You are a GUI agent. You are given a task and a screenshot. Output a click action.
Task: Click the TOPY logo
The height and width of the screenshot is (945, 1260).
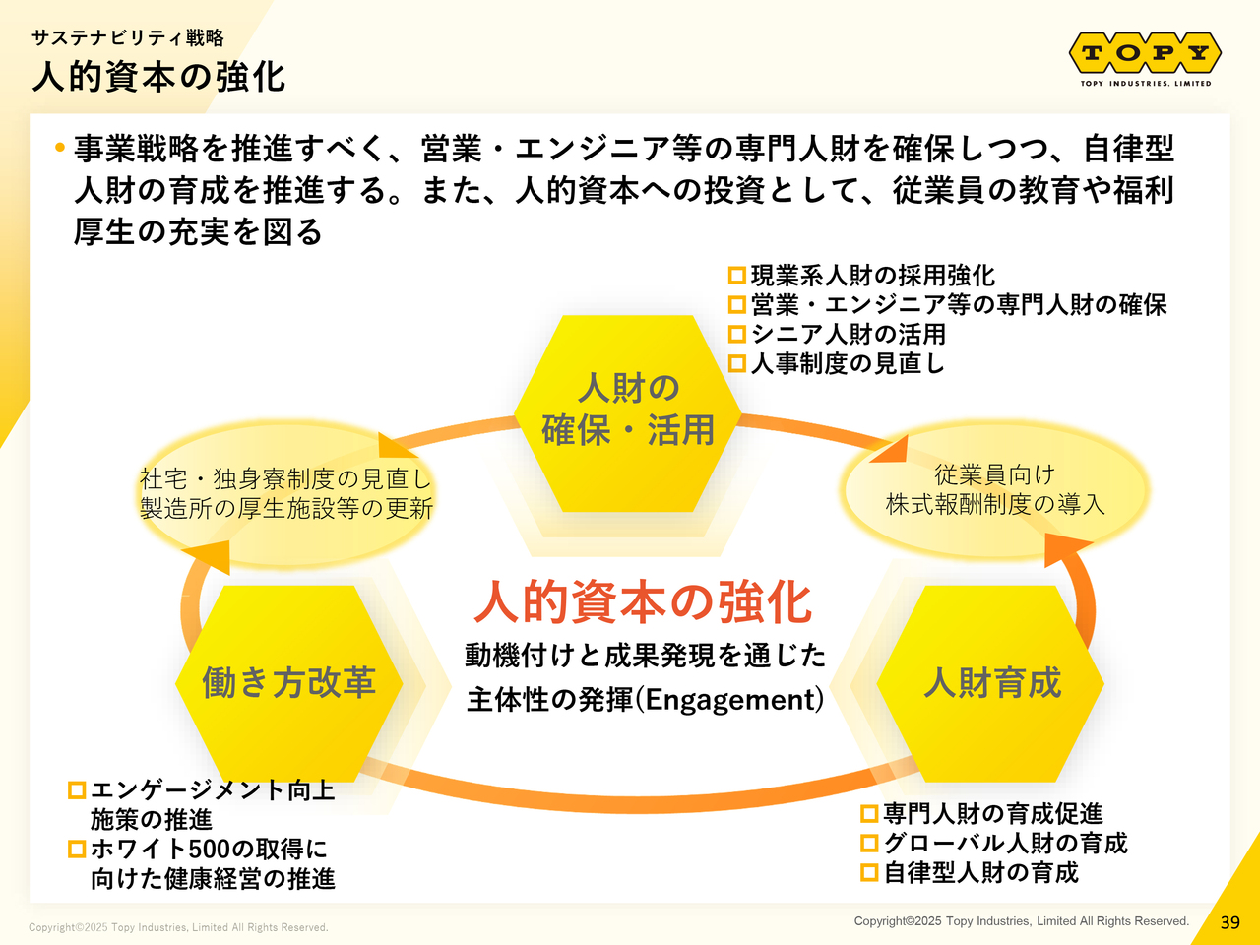point(1145,58)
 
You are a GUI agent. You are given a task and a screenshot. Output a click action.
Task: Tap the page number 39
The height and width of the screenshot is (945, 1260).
point(1229,922)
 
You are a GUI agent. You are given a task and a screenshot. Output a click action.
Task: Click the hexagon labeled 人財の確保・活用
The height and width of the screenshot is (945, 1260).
point(627,413)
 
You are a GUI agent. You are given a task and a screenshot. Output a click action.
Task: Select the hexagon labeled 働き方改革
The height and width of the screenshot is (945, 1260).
point(288,683)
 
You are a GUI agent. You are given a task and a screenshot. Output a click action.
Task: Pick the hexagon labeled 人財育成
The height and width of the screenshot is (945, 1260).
point(991,683)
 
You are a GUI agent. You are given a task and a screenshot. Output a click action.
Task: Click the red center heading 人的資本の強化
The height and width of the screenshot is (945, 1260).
point(643,601)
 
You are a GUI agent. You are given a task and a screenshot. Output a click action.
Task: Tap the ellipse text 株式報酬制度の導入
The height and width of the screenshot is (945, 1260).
point(995,504)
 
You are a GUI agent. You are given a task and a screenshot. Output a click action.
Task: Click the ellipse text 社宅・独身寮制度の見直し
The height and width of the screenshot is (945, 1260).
point(285,478)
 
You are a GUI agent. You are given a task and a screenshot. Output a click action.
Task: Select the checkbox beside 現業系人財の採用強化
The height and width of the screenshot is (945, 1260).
point(737,276)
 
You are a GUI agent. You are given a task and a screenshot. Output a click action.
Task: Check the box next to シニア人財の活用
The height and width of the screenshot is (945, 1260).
point(737,334)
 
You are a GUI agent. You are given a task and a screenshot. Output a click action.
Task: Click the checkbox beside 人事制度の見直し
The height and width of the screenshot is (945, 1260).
point(737,363)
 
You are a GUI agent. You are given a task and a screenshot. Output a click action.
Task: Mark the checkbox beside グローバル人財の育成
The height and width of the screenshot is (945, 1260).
point(869,843)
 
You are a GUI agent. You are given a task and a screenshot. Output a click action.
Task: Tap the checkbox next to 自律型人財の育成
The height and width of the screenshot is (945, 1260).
point(869,873)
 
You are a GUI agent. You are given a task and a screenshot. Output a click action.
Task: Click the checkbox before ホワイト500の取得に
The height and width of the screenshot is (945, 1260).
point(77,849)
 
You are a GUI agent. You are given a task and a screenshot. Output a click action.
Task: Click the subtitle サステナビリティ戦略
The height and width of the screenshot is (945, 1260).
point(127,37)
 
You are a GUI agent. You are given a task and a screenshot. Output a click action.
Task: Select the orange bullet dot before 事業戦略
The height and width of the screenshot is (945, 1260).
point(60,148)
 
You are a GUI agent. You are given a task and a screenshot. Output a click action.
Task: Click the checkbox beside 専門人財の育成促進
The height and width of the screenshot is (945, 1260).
point(869,814)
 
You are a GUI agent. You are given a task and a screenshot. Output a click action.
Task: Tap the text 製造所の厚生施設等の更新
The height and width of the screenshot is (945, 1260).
point(286,508)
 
